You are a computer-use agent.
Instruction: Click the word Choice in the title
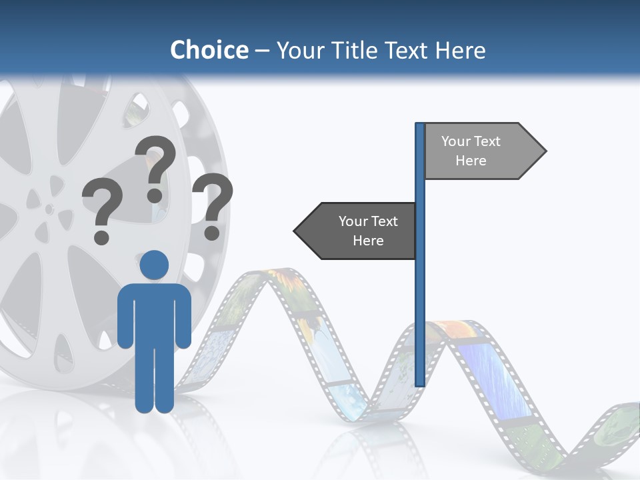[209, 50]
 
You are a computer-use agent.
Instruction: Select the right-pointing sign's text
[471, 151]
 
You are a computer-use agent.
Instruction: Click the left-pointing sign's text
[368, 231]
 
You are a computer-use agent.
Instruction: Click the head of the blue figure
[155, 265]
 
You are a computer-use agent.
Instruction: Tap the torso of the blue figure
[155, 313]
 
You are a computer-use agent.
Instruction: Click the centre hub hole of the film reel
[49, 209]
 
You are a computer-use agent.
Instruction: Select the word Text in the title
[407, 50]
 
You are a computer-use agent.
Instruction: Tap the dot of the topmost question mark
[155, 195]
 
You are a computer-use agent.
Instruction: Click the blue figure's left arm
[125, 320]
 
